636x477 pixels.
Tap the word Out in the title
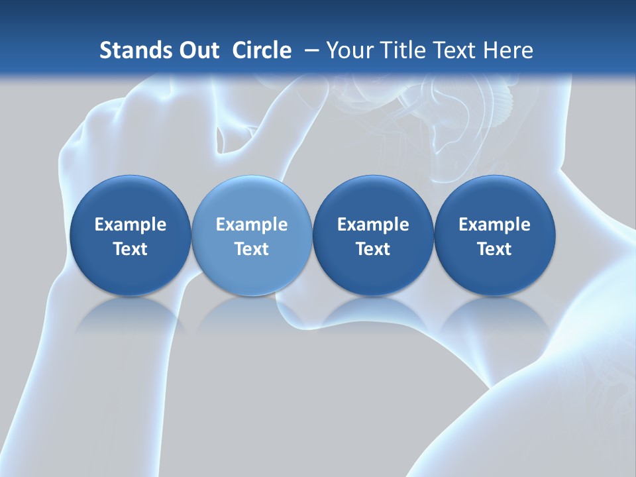(197, 50)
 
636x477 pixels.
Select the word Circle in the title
(262, 50)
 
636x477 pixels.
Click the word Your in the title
(348, 50)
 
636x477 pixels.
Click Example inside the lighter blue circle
(252, 225)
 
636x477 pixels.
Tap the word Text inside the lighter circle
(252, 249)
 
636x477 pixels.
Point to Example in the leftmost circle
(130, 225)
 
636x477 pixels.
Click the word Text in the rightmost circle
(495, 249)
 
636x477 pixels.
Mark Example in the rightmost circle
(495, 225)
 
